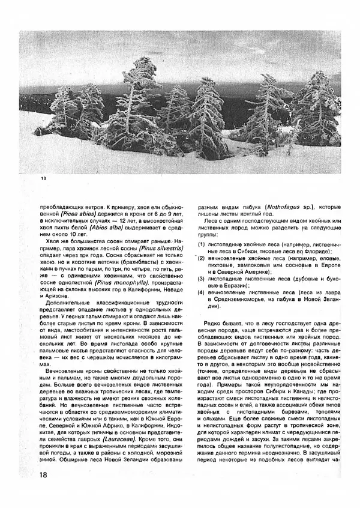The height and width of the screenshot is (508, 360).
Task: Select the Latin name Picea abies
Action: (77, 212)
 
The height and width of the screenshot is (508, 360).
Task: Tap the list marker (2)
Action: (202, 257)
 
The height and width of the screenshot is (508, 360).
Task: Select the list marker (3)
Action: (202, 279)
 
